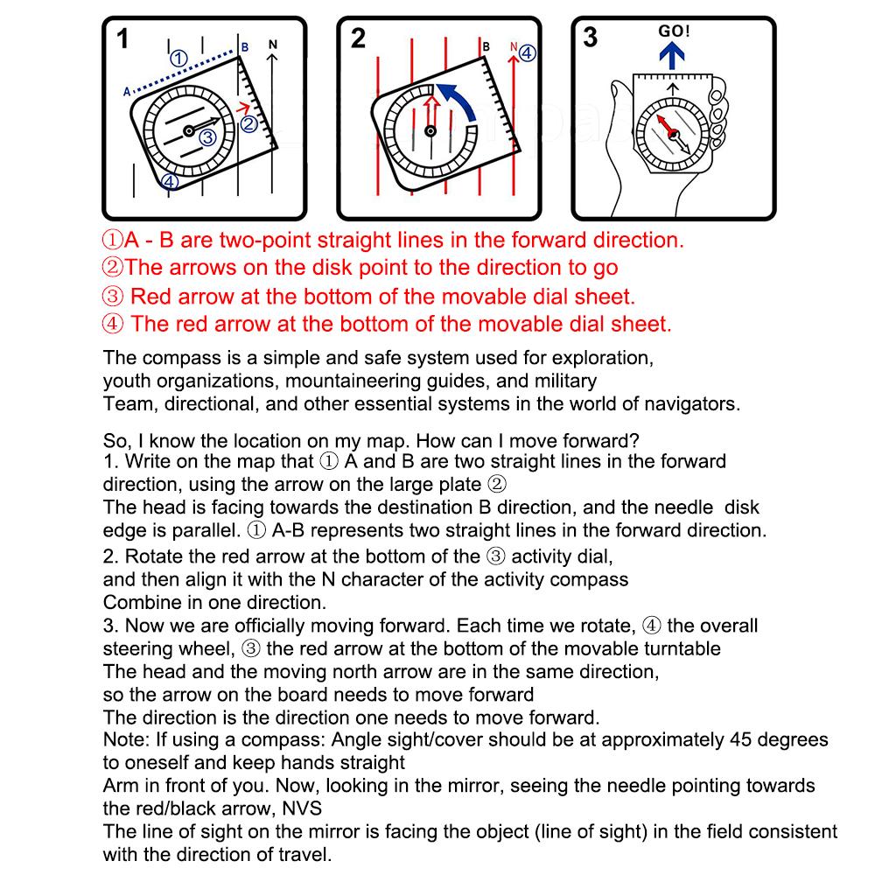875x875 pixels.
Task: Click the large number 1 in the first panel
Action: tap(122, 39)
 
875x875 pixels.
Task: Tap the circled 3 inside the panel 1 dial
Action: tap(206, 137)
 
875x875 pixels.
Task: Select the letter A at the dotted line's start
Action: tap(126, 91)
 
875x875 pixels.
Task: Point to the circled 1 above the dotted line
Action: tap(178, 59)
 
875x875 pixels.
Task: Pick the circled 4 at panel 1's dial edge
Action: tap(170, 182)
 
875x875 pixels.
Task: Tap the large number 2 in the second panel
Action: tap(358, 39)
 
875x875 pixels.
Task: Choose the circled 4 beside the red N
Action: tap(528, 52)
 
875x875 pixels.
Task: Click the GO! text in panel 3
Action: tap(673, 31)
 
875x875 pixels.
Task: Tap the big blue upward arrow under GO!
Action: tap(673, 56)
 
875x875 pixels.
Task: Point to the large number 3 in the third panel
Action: tap(591, 38)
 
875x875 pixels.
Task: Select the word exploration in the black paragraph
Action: tap(602, 358)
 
